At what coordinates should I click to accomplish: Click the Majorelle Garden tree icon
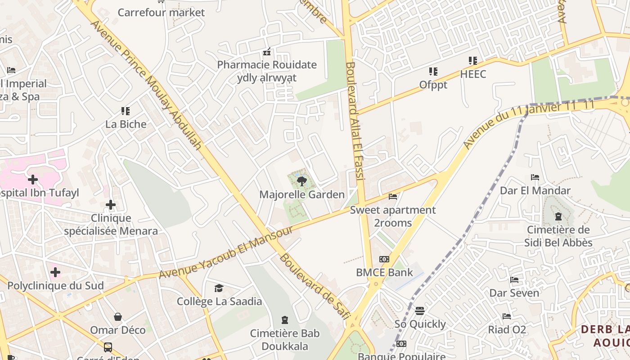301,181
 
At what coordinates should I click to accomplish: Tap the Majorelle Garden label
301,195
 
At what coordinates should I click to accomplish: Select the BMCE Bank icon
384,259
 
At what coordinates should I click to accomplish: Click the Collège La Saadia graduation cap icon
219,288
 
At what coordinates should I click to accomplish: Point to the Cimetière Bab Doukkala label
284,340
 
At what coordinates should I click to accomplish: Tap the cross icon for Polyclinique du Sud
55,272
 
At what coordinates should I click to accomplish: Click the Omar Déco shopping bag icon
118,317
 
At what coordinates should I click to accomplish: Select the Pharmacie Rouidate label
267,65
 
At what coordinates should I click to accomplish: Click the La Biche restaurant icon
126,111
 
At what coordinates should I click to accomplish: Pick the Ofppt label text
433,85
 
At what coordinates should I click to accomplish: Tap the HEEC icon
472,60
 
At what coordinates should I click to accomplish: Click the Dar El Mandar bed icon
535,177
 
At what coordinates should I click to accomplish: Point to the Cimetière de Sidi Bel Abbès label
558,236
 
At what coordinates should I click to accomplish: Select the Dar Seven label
514,293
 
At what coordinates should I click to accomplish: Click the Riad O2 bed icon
507,316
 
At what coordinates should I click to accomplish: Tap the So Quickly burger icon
420,310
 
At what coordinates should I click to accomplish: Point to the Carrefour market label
161,12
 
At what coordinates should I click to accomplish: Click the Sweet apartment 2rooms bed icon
393,197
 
